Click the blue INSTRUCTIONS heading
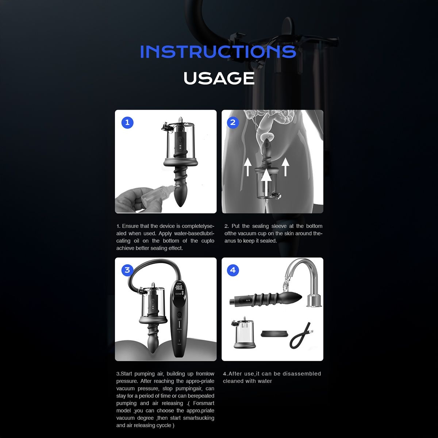pyautogui.click(x=218, y=51)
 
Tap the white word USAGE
pyautogui.click(x=219, y=78)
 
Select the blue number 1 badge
pyautogui.click(x=127, y=122)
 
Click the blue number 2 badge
pyautogui.click(x=233, y=122)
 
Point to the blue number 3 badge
pyautogui.click(x=127, y=270)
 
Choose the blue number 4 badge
pyautogui.click(x=233, y=270)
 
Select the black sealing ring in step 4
pyautogui.click(x=273, y=334)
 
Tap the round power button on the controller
pyautogui.click(x=179, y=314)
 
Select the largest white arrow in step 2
pyautogui.click(x=267, y=180)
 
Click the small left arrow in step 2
pyautogui.click(x=247, y=167)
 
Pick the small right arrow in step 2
pyautogui.click(x=286, y=167)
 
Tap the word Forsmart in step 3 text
pyautogui.click(x=204, y=403)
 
